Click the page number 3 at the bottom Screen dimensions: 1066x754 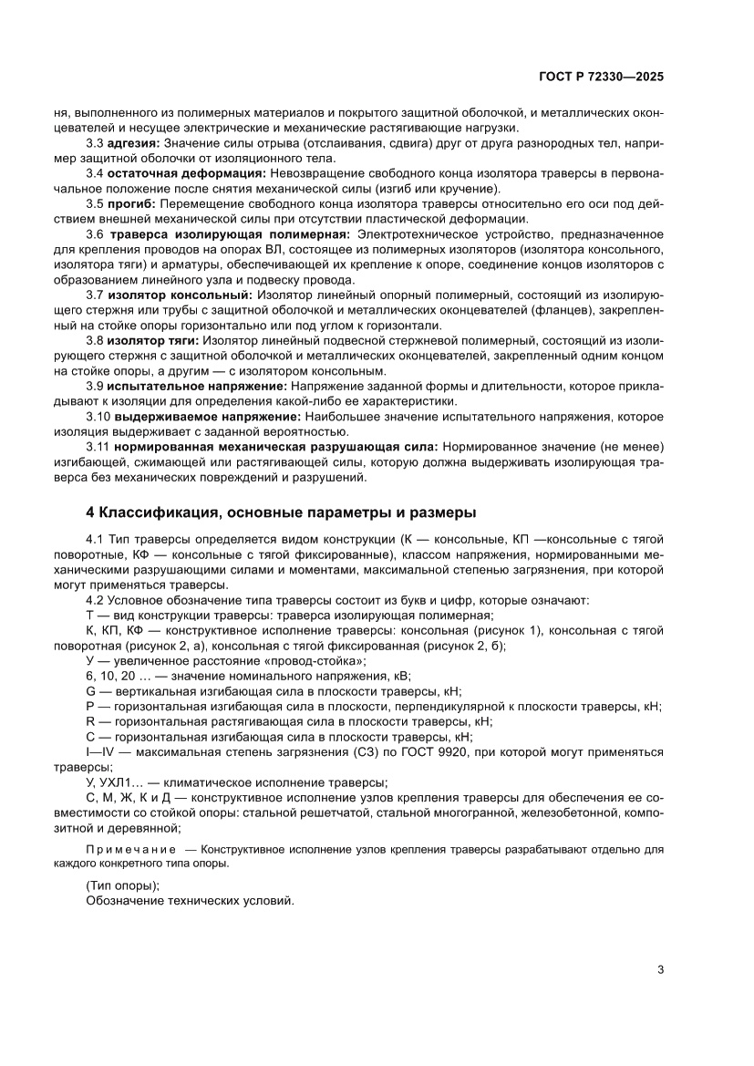[x=660, y=969]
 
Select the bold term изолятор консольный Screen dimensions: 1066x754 [x=180, y=295]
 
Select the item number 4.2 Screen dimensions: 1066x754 [x=95, y=600]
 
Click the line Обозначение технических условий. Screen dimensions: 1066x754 [x=190, y=900]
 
